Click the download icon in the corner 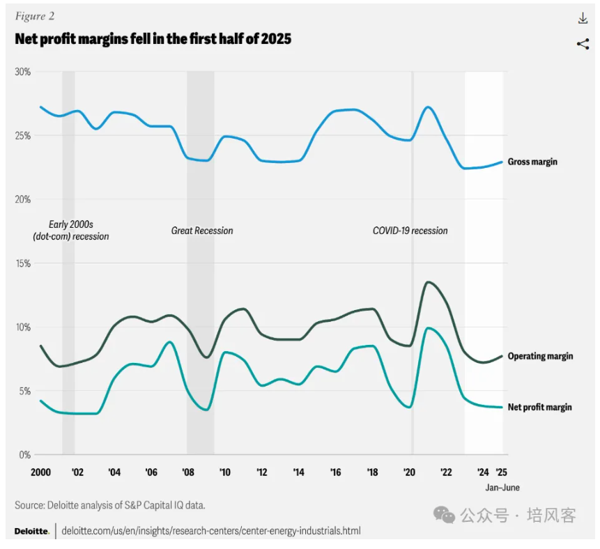(x=583, y=19)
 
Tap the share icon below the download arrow (x=583, y=45)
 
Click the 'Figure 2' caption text (x=34, y=15)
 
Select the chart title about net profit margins (x=153, y=39)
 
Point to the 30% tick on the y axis (x=23, y=72)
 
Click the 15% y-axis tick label (x=23, y=263)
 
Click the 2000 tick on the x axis (x=41, y=472)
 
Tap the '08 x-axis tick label (x=188, y=472)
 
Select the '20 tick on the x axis (x=410, y=472)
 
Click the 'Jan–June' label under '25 (x=502, y=488)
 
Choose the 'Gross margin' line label (x=532, y=162)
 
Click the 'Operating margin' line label (x=540, y=356)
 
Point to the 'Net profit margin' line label (x=539, y=407)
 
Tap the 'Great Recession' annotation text (x=202, y=231)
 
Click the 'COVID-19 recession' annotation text (x=410, y=231)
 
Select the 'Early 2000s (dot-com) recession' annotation (x=71, y=230)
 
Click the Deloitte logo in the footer (x=31, y=531)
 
